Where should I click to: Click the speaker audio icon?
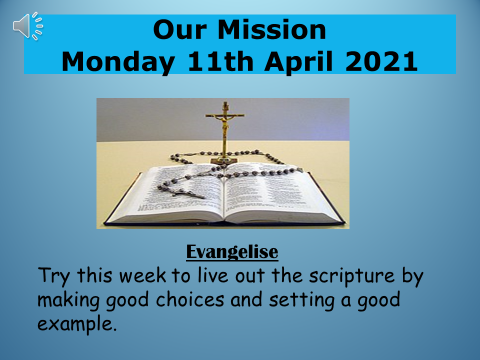pos(28,26)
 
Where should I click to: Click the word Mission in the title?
pos(272,30)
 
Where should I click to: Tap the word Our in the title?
pos(180,30)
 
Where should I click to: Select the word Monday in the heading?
pos(118,62)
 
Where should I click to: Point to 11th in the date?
pos(220,62)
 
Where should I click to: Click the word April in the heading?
pos(299,62)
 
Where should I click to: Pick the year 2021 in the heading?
pos(381,62)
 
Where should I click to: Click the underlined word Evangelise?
pos(232,252)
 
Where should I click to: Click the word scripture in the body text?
pos(352,277)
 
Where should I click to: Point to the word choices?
pos(190,299)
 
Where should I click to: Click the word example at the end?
pos(77,324)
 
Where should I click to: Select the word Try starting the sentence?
pos(54,276)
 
